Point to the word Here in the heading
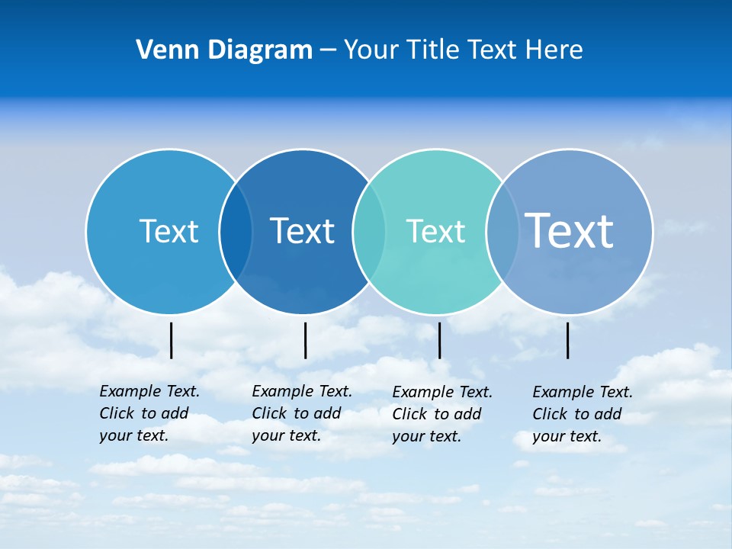(554, 50)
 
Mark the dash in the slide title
(328, 51)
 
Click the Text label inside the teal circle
(435, 231)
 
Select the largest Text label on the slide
(569, 230)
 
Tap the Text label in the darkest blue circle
(302, 231)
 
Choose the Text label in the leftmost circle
(169, 231)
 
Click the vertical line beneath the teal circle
(439, 340)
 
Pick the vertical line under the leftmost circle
(171, 340)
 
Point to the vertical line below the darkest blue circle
(305, 340)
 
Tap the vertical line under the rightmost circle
(567, 340)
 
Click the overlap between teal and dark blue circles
(368, 231)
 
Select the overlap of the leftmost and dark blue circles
(236, 231)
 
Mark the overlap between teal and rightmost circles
(501, 231)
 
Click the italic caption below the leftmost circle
(149, 413)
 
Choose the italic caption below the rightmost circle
(583, 414)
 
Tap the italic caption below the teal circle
(442, 414)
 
